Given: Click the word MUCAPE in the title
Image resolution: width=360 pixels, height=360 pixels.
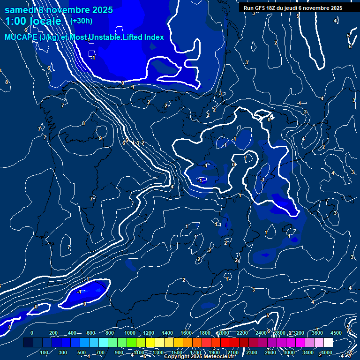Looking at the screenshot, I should [19, 37].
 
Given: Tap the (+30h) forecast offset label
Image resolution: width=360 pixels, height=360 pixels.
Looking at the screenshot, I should [81, 21].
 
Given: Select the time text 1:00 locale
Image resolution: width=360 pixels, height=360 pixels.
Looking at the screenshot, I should [33, 22].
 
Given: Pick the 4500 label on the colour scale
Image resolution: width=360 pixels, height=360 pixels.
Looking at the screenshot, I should [336, 333].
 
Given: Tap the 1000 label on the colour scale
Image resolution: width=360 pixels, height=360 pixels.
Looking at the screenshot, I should [130, 333].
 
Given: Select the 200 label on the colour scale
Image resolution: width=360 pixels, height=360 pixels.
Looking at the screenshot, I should [53, 333].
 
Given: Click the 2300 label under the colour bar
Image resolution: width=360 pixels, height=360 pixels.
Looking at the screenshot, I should [252, 352].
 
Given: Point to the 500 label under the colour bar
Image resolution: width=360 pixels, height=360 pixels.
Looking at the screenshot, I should [82, 352].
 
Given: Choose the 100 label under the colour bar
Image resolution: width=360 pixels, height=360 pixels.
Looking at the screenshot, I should [45, 352].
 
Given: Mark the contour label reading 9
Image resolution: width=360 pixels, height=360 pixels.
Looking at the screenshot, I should [100, 138].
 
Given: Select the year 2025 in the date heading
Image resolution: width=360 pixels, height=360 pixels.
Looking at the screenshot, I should [99, 10].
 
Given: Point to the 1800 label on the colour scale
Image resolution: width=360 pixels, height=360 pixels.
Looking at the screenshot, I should [205, 333].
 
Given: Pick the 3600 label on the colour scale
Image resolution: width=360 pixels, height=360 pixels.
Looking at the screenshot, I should [317, 333].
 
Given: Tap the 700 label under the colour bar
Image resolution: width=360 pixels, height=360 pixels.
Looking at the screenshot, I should [101, 352].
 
